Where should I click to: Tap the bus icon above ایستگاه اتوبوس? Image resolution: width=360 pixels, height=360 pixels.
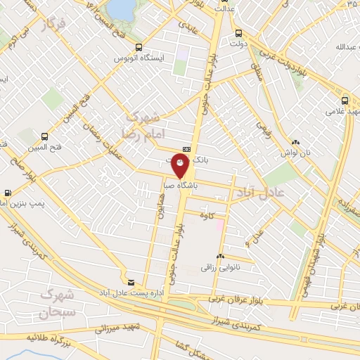139,47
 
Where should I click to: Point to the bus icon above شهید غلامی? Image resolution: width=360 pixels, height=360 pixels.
345,100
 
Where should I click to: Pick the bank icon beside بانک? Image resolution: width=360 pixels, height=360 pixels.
186,149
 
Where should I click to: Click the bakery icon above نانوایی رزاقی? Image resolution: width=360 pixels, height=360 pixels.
221,257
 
